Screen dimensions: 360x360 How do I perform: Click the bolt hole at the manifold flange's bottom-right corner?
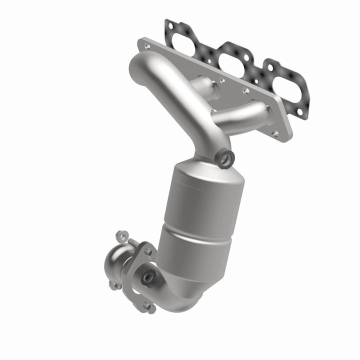point(275,133)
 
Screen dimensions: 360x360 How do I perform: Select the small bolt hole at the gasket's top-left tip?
point(168,23)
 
